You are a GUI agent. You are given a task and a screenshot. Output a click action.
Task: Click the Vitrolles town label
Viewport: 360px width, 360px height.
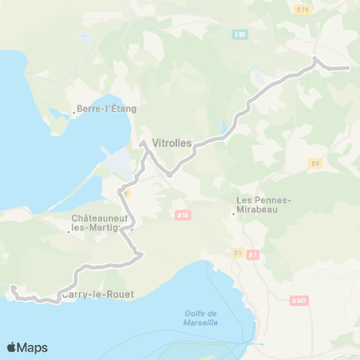pyautogui.click(x=172, y=141)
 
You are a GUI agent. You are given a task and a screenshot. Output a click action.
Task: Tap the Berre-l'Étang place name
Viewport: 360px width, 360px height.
pyautogui.click(x=106, y=109)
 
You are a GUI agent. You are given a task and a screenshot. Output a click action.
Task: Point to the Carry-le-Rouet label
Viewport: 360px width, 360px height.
pyautogui.click(x=98, y=295)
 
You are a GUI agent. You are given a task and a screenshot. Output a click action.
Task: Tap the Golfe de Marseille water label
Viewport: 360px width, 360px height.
pyautogui.click(x=200, y=318)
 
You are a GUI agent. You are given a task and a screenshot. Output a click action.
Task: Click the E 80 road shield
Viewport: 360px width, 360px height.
pyautogui.click(x=238, y=34)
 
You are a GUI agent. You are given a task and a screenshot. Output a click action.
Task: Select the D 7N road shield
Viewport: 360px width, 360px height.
pyautogui.click(x=303, y=9)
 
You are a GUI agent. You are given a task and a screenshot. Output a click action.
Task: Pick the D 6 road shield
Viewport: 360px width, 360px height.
pyautogui.click(x=315, y=163)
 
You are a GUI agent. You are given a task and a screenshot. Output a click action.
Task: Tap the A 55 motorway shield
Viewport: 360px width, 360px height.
pyautogui.click(x=182, y=214)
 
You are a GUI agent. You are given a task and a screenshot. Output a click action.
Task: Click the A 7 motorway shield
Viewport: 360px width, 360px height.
pyautogui.click(x=252, y=254)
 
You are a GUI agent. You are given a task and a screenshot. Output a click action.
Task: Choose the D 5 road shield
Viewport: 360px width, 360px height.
pyautogui.click(x=238, y=252)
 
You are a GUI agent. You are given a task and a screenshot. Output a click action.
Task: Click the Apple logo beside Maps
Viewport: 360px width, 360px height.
pyautogui.click(x=12, y=347)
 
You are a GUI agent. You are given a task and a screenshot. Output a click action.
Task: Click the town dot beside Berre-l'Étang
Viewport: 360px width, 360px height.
pyautogui.click(x=73, y=115)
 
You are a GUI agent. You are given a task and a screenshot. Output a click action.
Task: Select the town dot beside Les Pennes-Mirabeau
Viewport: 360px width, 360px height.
pyautogui.click(x=234, y=213)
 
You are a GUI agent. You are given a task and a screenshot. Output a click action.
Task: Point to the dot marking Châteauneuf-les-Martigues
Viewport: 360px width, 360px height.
pyautogui.click(x=69, y=231)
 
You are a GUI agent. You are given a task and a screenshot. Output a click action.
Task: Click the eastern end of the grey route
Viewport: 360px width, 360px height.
pyautogui.click(x=348, y=68)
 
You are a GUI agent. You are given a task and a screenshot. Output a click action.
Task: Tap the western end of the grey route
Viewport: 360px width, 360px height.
pyautogui.click(x=12, y=287)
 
